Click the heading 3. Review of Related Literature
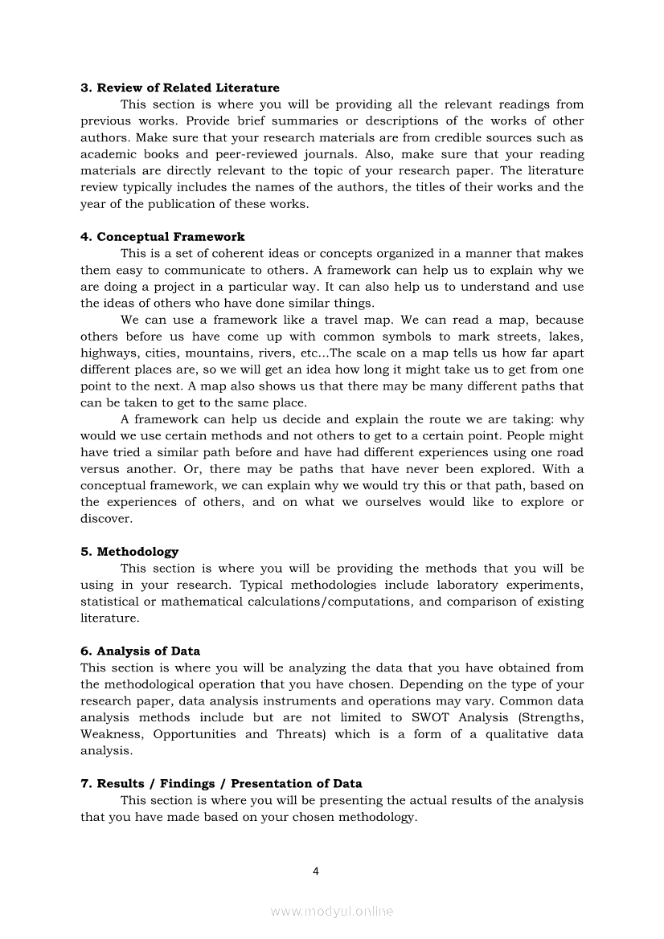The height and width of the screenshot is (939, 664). [x=180, y=88]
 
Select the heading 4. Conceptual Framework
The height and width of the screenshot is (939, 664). [x=162, y=237]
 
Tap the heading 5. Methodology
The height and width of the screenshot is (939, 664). [x=129, y=552]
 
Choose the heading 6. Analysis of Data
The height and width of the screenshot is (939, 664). [x=140, y=651]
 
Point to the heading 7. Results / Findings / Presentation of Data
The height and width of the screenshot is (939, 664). [x=221, y=784]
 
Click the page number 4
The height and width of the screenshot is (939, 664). [x=316, y=872]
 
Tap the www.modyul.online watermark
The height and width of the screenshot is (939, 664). [x=332, y=912]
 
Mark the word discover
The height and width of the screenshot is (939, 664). [x=106, y=519]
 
